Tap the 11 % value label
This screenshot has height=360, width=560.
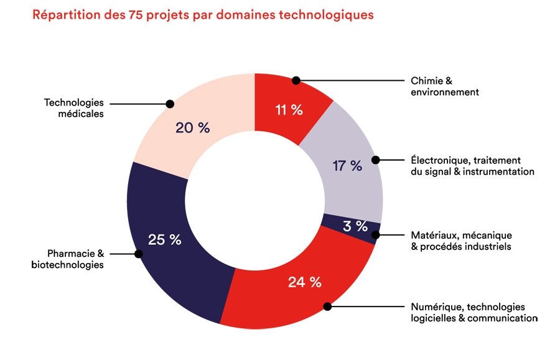[289, 110]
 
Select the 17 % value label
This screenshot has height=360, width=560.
[348, 165]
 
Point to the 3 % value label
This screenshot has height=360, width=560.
[355, 226]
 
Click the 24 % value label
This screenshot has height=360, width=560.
[304, 282]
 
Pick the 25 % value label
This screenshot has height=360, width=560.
[164, 239]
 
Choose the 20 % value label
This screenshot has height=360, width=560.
[193, 128]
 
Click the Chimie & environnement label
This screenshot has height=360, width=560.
[444, 86]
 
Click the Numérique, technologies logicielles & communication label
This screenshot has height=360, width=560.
[474, 312]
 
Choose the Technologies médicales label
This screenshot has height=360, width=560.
[73, 108]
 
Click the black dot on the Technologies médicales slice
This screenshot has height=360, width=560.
[169, 104]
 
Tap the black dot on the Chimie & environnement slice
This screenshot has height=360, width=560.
[296, 80]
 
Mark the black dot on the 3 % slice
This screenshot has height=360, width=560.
[375, 235]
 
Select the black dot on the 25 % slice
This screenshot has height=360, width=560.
[138, 254]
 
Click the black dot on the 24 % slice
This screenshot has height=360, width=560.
[327, 306]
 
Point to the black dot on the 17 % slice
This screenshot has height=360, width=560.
[376, 160]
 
